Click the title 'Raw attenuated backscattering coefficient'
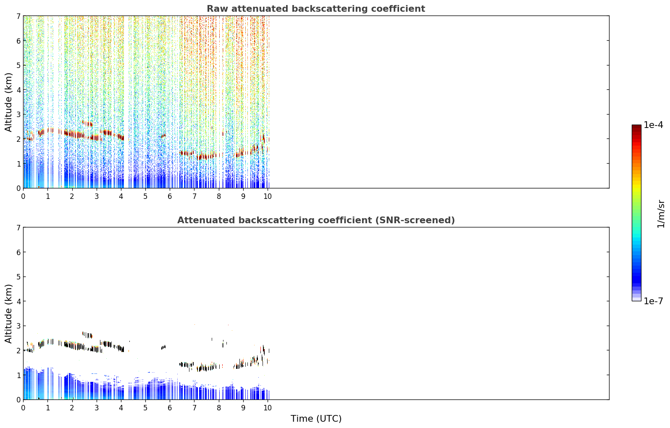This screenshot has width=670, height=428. [316, 9]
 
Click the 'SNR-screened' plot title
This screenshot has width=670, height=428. [316, 220]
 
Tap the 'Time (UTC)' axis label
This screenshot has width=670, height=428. [316, 419]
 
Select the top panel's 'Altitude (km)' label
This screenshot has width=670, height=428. [8, 102]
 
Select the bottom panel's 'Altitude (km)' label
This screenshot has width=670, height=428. [8, 314]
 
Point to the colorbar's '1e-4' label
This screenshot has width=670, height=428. [653, 125]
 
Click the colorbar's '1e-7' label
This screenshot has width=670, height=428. [653, 301]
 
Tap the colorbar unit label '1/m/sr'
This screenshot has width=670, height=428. [661, 214]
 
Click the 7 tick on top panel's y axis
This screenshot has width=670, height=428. [18, 16]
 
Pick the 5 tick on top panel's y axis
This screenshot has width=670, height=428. [18, 65]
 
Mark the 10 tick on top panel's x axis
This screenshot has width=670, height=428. [268, 196]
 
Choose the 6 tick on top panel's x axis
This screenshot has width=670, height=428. [170, 196]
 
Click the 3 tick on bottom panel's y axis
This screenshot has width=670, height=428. [18, 326]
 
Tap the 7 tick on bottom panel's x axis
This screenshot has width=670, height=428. [194, 408]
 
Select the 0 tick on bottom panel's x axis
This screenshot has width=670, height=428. [24, 408]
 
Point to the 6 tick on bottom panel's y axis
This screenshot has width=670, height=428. [18, 252]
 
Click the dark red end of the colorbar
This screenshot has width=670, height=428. [636, 127]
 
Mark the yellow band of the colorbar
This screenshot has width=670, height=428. [636, 185]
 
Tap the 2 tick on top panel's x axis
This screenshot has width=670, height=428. [72, 196]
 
